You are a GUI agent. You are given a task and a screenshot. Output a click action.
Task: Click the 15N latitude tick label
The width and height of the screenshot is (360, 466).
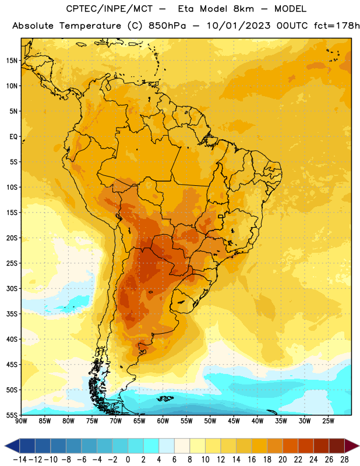point(12,61)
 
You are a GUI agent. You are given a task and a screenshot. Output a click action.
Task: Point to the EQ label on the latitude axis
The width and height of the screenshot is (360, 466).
point(13,137)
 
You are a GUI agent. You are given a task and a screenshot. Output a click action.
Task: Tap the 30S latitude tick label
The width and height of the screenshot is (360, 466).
point(12,288)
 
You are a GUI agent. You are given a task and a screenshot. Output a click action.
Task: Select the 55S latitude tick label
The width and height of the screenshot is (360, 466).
point(12,415)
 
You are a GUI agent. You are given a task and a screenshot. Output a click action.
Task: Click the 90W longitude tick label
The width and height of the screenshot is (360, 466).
point(21,421)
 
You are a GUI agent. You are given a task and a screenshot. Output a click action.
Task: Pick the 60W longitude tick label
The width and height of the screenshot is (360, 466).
point(163,421)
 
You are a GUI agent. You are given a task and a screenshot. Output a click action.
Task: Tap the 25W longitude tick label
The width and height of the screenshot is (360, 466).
point(328,421)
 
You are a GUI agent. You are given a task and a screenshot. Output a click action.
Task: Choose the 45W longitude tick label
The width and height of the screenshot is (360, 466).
point(234,421)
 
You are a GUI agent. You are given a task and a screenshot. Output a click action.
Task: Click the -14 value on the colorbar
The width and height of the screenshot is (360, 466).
point(20,460)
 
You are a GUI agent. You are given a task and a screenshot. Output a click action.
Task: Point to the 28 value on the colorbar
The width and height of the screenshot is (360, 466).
point(344,460)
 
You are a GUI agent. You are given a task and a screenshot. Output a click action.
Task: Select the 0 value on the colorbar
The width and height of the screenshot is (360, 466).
point(128,460)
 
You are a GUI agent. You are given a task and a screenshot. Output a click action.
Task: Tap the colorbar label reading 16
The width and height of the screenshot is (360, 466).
point(252,460)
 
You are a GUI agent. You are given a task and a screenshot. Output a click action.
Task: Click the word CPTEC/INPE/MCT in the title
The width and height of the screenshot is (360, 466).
point(110,9)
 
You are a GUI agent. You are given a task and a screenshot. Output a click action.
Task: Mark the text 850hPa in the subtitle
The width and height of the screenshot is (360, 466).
point(167,26)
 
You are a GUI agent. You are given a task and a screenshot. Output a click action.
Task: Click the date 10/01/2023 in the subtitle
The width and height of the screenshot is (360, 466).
point(238,26)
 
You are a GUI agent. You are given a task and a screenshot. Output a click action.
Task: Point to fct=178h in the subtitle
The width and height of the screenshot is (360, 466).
point(337,26)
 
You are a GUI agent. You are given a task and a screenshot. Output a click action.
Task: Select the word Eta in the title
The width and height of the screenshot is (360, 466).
point(186,9)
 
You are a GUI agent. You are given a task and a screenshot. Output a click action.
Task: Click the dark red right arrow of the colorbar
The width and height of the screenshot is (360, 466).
point(352,446)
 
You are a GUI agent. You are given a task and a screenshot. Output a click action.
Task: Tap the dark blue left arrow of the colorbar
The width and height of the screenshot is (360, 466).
point(12,446)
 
